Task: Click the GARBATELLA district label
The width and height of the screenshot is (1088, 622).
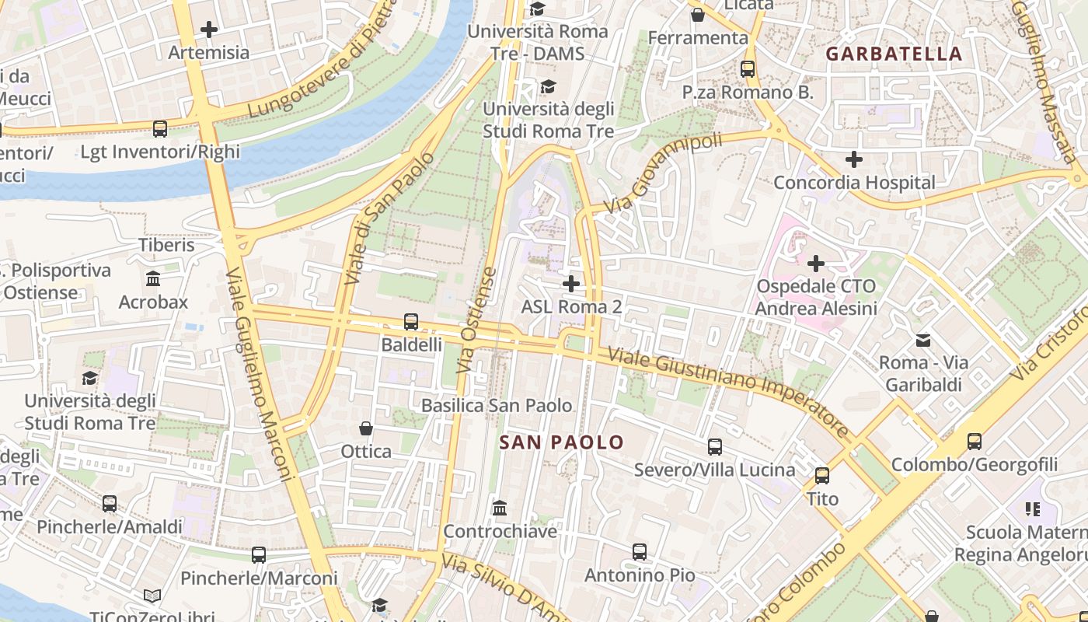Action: click(x=894, y=54)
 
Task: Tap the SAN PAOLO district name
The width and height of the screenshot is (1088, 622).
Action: click(x=561, y=442)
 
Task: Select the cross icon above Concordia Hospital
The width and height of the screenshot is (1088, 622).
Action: click(x=854, y=159)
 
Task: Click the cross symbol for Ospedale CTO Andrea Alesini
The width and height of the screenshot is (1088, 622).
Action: click(x=816, y=263)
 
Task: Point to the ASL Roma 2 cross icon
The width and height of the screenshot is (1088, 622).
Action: click(x=571, y=283)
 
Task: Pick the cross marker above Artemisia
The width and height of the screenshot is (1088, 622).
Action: click(x=209, y=30)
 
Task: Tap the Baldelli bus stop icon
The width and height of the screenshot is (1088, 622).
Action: click(x=411, y=321)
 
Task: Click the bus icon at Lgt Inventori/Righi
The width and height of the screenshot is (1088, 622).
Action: click(x=160, y=128)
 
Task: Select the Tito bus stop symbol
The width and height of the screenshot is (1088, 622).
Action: click(x=822, y=475)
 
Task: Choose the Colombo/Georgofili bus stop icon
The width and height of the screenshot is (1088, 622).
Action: click(x=975, y=441)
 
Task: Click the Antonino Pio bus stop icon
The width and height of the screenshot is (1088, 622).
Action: click(x=640, y=552)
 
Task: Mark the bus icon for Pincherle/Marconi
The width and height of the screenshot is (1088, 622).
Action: click(x=259, y=555)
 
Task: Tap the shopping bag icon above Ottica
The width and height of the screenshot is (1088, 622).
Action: click(x=366, y=428)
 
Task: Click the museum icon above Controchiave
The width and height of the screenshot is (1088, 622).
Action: click(x=500, y=508)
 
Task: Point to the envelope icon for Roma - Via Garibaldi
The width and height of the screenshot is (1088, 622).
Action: click(x=923, y=340)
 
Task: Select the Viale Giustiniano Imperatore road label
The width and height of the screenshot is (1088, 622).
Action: click(x=728, y=393)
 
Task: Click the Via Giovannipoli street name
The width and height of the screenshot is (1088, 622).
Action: click(x=663, y=174)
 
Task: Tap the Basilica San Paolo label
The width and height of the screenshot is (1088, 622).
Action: click(x=497, y=405)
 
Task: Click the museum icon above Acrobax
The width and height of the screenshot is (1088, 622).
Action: click(x=153, y=278)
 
